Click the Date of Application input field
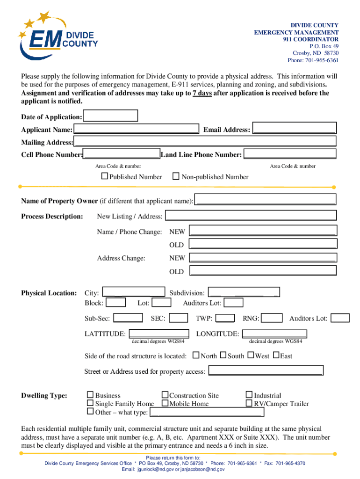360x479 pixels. [x=110, y=116]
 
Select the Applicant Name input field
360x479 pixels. [x=136, y=129]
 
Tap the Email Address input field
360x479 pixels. [x=294, y=129]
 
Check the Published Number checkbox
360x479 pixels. [x=105, y=176]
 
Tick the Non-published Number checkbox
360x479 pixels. [x=176, y=176]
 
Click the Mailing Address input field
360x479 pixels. [x=205, y=141]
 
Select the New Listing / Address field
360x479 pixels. [x=251, y=216]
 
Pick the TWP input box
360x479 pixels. [x=225, y=319]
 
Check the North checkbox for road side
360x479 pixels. [x=196, y=356]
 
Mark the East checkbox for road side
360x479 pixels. [x=276, y=356]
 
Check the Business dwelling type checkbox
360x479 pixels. [x=90, y=395]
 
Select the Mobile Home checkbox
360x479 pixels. [x=165, y=403]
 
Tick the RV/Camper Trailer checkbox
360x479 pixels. [x=249, y=403]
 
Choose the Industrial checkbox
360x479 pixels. [x=249, y=395]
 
